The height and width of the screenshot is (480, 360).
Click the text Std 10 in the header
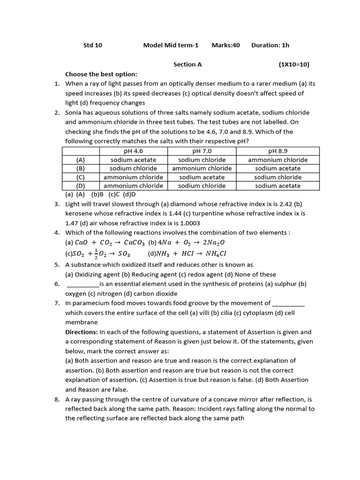pyautogui.click(x=92, y=45)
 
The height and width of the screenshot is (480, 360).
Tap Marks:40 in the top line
pyautogui.click(x=225, y=45)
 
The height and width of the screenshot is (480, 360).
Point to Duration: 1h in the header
pyautogui.click(x=270, y=45)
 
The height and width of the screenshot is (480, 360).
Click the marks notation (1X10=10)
pyautogui.click(x=294, y=65)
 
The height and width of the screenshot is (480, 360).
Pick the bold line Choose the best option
pyautogui.click(x=101, y=74)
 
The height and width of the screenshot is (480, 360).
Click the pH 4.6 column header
pyautogui.click(x=133, y=151)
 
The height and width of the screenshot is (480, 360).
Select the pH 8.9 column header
pyautogui.click(x=277, y=151)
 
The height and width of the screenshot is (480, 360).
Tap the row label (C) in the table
pyautogui.click(x=81, y=177)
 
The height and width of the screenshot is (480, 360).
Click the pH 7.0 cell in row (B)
pyautogui.click(x=202, y=168)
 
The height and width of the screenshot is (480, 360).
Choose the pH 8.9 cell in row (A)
pyautogui.click(x=277, y=160)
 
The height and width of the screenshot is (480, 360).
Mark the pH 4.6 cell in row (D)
pyautogui.click(x=133, y=186)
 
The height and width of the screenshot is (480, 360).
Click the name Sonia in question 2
pyautogui.click(x=74, y=112)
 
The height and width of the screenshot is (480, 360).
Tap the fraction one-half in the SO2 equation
pyautogui.click(x=96, y=254)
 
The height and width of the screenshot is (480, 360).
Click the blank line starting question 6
pyautogui.click(x=83, y=284)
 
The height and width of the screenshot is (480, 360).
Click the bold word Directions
pyautogui.click(x=82, y=332)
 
